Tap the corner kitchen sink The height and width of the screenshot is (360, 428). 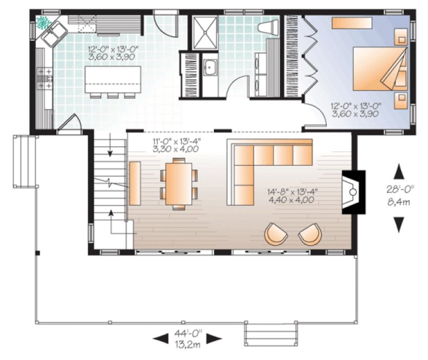coord(55,36)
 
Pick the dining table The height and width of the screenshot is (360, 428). coord(178,182)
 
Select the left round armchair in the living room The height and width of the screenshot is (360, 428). coord(277,234)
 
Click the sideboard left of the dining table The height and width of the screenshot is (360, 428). coord(135,183)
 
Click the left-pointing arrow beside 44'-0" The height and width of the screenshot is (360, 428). coord(159,338)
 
